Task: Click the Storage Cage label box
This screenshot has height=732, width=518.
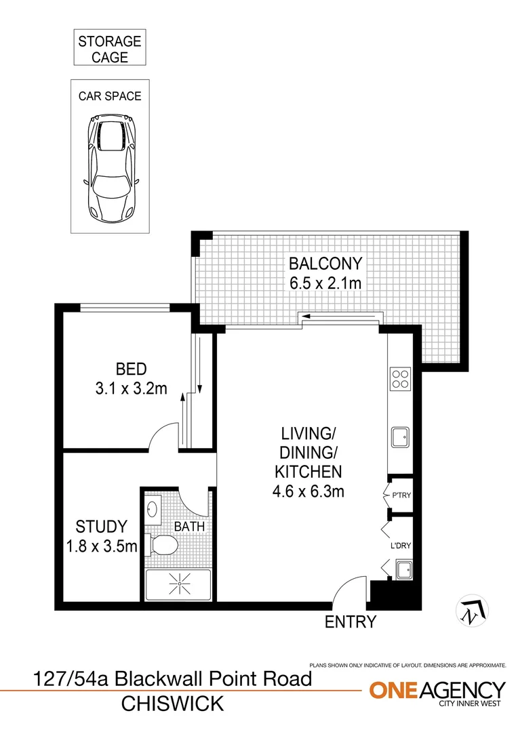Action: (109, 49)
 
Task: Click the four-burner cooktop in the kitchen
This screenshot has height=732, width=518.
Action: (400, 378)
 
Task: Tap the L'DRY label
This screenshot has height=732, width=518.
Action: (399, 544)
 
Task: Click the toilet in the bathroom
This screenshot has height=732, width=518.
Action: (163, 544)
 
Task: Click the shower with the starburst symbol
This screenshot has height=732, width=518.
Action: (178, 582)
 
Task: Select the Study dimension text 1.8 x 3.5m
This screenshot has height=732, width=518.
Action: (102, 544)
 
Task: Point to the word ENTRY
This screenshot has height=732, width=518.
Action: (351, 622)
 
